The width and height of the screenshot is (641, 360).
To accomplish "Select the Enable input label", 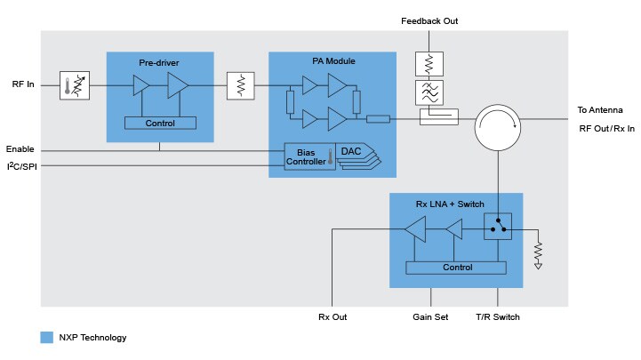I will point(20,148).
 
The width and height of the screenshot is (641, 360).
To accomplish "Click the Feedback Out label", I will point(429,20).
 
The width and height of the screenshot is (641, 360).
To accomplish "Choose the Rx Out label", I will point(332,317).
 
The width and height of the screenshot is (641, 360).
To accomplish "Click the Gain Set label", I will point(431,317).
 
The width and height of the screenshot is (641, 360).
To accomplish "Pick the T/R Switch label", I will point(498,317).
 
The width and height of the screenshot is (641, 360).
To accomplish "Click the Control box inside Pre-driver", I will point(160,122).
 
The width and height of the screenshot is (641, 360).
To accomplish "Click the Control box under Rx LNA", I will point(457,267).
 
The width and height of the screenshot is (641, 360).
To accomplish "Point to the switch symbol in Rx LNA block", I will point(497,229).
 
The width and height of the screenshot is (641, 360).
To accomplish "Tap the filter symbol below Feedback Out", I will point(429,92).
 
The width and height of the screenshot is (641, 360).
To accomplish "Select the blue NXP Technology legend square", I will point(47,338).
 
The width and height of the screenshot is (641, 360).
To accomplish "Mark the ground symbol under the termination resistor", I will point(538,265).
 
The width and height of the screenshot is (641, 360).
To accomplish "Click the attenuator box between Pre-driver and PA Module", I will point(241,86).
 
